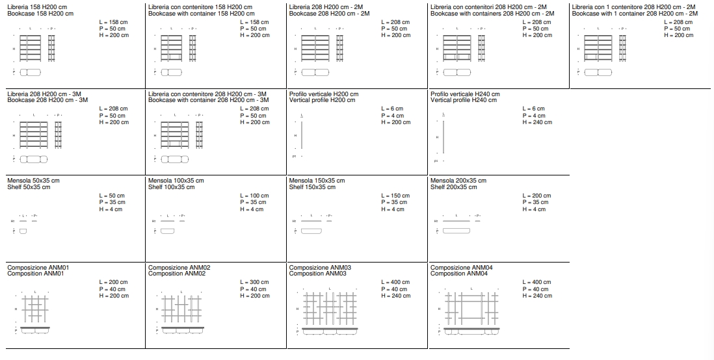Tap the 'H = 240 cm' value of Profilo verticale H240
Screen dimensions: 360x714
pyautogui.click(x=537, y=122)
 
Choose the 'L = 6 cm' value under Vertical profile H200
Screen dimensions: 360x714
pyautogui.click(x=392, y=109)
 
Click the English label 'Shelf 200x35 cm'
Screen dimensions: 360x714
pyautogui.click(x=454, y=187)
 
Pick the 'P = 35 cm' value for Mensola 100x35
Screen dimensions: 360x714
pyautogui.click(x=254, y=202)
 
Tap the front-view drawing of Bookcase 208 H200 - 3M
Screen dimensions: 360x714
pyautogui.click(x=34, y=134)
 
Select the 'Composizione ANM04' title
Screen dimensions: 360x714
pyautogui.click(x=462, y=267)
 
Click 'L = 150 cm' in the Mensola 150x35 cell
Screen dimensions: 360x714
pyautogui.click(x=396, y=196)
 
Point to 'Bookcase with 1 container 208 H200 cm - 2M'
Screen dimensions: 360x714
pyautogui.click(x=635, y=14)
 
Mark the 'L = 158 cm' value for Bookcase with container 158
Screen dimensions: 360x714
pyautogui.click(x=254, y=22)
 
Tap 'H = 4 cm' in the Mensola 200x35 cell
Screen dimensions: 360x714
pyautogui.click(x=535, y=209)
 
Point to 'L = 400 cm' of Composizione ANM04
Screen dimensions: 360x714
pyautogui.click(x=537, y=282)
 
